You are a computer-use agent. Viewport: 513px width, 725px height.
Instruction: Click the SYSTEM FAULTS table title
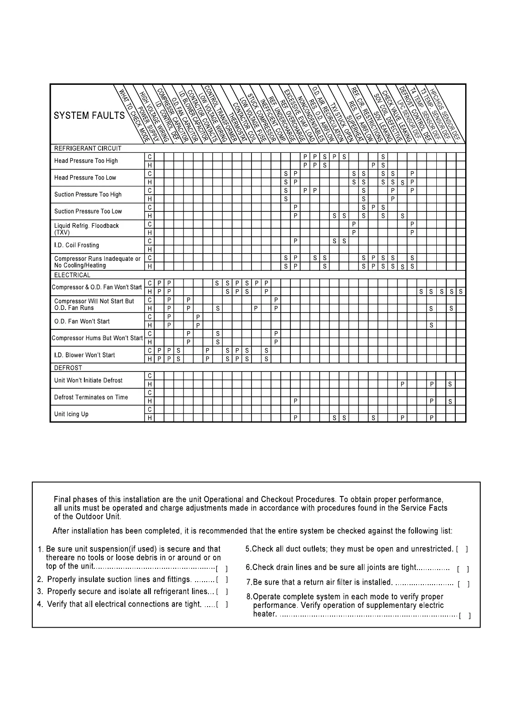[89, 115]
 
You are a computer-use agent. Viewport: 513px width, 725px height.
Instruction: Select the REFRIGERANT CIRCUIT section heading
[87, 149]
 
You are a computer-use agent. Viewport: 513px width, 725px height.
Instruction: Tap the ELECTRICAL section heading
[72, 275]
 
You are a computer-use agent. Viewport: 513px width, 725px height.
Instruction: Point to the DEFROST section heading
[68, 368]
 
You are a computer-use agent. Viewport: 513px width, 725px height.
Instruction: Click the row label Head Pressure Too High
[86, 161]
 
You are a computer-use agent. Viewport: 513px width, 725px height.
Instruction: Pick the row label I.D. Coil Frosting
[76, 245]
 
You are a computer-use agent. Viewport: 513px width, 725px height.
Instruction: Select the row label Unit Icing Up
[71, 414]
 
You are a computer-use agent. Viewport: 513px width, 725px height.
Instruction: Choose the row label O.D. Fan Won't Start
[82, 321]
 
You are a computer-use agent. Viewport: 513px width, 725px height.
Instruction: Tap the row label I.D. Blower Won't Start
[84, 355]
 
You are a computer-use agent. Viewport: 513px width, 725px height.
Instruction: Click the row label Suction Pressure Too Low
[88, 211]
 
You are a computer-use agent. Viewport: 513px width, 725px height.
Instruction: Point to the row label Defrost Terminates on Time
[91, 397]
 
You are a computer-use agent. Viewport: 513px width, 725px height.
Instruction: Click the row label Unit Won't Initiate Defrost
[88, 381]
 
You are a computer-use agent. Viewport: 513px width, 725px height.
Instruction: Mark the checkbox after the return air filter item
[463, 584]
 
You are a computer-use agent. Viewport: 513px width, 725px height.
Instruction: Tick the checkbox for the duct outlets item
[462, 549]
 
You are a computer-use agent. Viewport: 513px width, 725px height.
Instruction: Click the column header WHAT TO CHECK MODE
[134, 114]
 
